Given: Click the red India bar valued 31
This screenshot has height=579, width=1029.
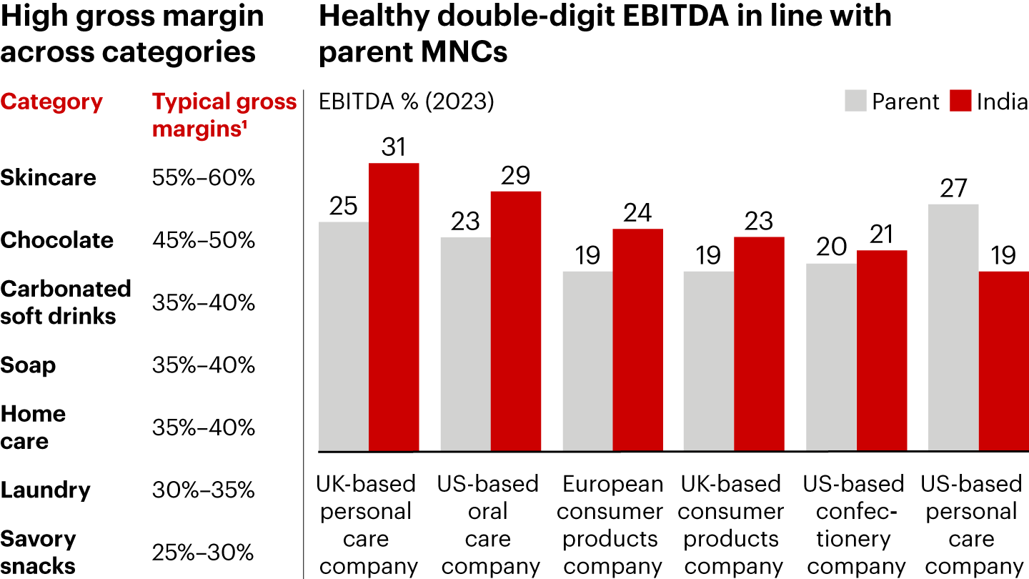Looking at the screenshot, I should [x=394, y=307].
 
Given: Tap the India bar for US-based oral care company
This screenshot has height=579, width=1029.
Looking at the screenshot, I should [x=515, y=322].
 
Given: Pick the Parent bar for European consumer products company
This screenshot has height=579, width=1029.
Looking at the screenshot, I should [x=587, y=361].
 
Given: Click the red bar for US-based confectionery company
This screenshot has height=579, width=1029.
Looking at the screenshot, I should [x=882, y=350].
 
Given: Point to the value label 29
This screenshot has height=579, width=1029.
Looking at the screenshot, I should [x=515, y=176].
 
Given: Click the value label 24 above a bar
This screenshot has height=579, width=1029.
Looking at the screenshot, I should [x=637, y=213].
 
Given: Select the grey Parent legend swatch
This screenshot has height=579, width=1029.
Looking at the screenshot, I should [x=855, y=101].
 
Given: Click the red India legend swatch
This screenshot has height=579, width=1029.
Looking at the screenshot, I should [x=960, y=101].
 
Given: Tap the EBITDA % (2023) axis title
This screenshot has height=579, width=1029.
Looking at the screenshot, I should [x=406, y=102].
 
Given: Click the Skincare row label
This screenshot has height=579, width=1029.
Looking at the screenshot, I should [x=48, y=177].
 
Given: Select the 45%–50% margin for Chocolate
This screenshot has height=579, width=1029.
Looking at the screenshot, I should [x=204, y=240].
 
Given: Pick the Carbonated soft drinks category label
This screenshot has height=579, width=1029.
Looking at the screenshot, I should [x=65, y=302].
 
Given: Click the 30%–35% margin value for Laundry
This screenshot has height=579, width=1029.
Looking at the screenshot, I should [x=204, y=490].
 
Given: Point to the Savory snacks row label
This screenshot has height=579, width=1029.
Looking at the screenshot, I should [x=39, y=552].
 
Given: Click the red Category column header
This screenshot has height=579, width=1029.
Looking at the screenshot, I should [x=51, y=102].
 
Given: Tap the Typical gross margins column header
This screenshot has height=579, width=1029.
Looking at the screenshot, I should [x=224, y=114].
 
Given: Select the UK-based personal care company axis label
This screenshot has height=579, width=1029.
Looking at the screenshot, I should [x=366, y=525].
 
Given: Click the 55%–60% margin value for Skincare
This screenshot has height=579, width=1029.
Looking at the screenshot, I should [x=204, y=177].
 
